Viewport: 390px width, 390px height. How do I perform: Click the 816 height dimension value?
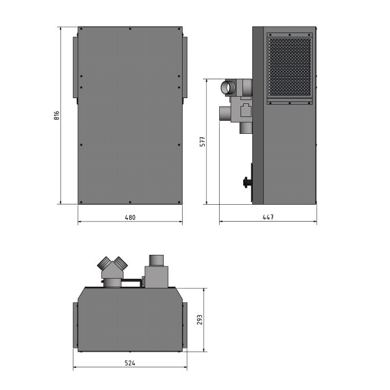[57, 116]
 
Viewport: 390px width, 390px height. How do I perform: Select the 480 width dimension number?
[130, 217]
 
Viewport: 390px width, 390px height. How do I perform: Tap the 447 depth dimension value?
[267, 217]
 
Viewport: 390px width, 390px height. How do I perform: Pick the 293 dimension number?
[201, 320]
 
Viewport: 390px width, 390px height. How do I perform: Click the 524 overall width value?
[130, 363]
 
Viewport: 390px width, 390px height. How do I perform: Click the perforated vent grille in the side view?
[290, 68]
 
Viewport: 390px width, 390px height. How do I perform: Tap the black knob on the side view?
[247, 183]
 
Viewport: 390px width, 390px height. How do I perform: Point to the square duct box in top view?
[157, 278]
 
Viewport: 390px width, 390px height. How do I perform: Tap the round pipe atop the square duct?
[157, 261]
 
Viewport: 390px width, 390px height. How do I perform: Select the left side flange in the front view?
[75, 70]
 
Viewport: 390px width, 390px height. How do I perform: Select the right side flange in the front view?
[185, 70]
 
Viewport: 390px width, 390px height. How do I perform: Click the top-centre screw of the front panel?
[130, 29]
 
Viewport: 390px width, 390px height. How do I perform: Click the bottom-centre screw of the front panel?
[130, 201]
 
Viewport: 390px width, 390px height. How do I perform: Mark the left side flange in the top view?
[75, 324]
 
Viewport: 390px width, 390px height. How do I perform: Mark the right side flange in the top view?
[185, 324]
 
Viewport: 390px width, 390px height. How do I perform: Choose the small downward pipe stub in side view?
[244, 127]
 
